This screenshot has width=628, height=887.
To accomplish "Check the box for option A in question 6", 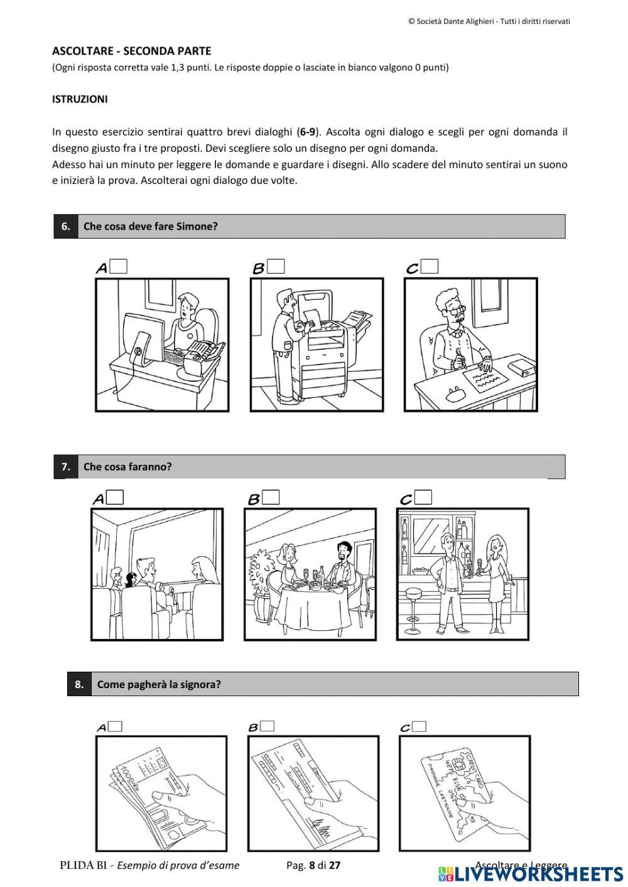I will tap(118, 266).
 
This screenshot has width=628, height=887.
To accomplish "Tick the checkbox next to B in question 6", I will tap(276, 266).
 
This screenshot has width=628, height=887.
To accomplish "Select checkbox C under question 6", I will tap(430, 266).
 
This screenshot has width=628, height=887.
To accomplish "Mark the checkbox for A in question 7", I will tap(115, 497).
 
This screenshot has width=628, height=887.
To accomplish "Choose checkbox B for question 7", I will tap(271, 497).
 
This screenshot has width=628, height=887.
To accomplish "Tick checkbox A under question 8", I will tap(115, 726).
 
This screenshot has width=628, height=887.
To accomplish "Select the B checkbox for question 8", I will tap(268, 726).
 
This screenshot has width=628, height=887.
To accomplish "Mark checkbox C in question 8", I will tap(419, 726).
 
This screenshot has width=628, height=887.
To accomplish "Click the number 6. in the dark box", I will tap(65, 227).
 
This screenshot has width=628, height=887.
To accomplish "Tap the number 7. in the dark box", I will tap(65, 467).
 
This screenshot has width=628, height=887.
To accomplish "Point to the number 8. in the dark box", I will tap(79, 684).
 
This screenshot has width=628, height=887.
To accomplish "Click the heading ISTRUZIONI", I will tap(80, 99).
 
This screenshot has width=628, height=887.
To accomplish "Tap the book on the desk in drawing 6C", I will tap(521, 366).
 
